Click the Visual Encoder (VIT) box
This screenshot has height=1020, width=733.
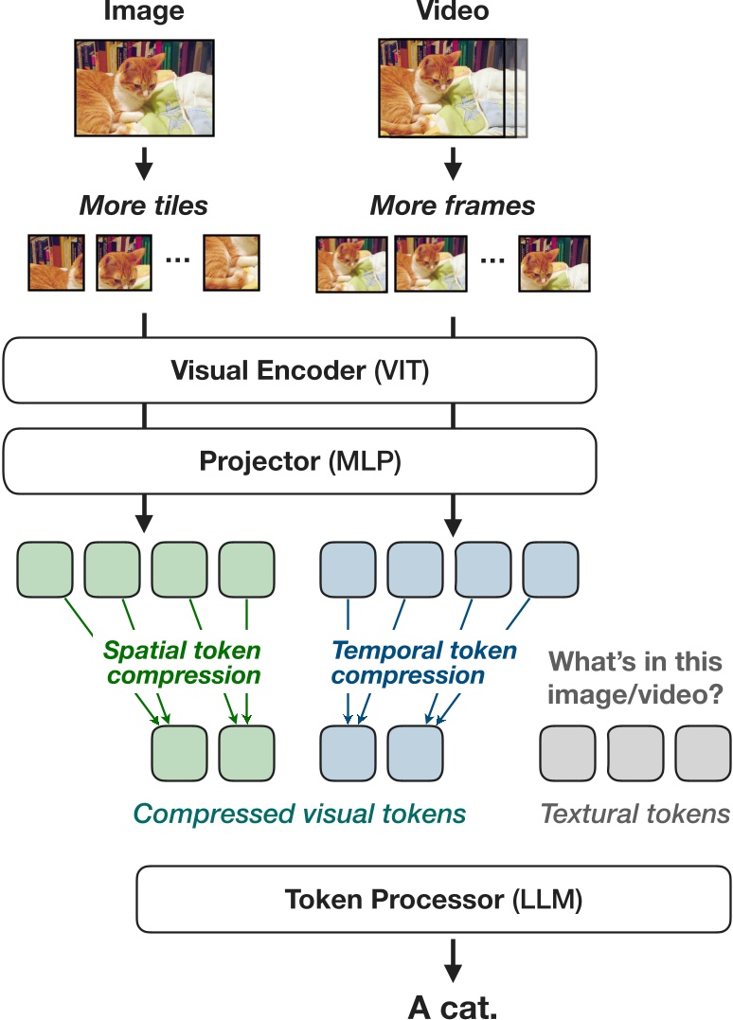point(300,370)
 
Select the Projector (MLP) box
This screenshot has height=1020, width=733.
point(300,460)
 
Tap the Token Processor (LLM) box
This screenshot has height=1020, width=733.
point(433,899)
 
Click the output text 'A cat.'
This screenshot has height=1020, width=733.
point(453,1006)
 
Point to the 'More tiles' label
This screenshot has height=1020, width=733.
point(144,206)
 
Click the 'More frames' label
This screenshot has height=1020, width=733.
point(453,206)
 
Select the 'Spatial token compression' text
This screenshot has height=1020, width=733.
point(183,662)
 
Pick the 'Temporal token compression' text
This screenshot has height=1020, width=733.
point(423,662)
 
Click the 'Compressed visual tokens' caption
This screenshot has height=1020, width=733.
point(300,814)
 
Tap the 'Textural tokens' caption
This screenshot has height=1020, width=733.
point(635,814)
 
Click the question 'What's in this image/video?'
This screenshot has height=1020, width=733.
point(635,678)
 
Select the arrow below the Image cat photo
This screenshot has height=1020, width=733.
point(144,163)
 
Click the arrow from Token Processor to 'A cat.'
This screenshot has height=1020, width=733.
point(453,960)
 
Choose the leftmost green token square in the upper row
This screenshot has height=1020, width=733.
point(45,569)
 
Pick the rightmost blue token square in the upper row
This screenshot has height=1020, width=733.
point(550,569)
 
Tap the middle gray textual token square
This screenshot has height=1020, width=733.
point(635,753)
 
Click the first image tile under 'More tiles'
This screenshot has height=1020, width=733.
point(56,262)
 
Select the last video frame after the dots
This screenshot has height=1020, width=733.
point(554,264)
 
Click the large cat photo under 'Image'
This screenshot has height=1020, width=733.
point(144,87)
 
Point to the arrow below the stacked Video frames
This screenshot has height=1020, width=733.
point(453,163)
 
